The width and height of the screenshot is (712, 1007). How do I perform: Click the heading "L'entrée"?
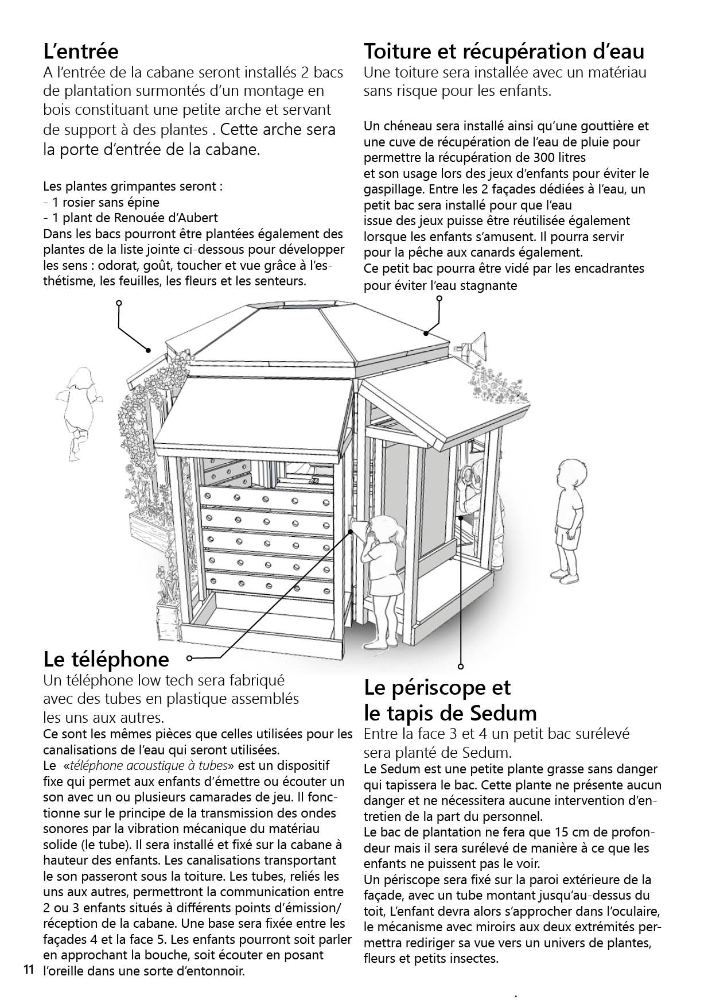click(x=81, y=52)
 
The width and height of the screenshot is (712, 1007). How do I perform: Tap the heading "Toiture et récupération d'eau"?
click(x=504, y=52)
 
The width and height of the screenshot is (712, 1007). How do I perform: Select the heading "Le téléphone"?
click(x=107, y=659)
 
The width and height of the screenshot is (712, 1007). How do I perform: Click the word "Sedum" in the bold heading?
click(x=503, y=713)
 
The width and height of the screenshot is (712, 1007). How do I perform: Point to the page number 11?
click(x=28, y=971)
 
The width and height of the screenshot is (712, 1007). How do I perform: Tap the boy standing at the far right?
click(x=569, y=520)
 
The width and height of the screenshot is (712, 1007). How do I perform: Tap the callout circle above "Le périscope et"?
click(x=460, y=667)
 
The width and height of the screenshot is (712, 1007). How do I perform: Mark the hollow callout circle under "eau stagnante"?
click(x=439, y=299)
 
